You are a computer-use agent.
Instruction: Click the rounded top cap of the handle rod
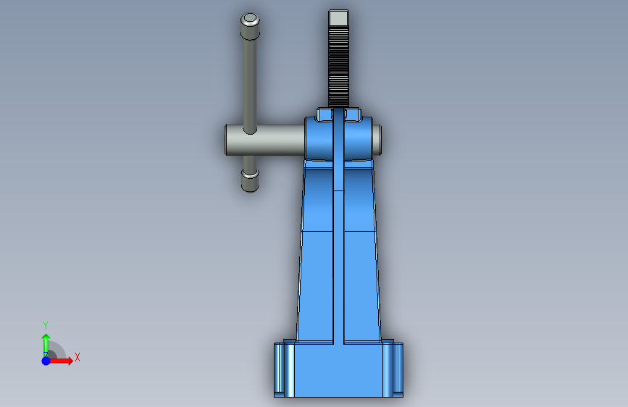coord(250,26)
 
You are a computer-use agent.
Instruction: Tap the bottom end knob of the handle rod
coord(250,180)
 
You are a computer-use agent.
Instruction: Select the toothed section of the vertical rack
coord(338,66)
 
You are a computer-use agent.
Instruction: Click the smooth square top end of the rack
coord(338,17)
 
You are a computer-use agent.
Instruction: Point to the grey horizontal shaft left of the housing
coord(264,140)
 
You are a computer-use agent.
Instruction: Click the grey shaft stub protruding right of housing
coord(377,140)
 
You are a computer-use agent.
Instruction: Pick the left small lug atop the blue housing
coord(325,114)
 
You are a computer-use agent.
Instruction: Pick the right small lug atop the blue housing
coord(353,114)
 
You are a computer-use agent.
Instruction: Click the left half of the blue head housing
coord(319,139)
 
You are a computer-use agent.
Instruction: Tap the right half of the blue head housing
coord(359,139)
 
